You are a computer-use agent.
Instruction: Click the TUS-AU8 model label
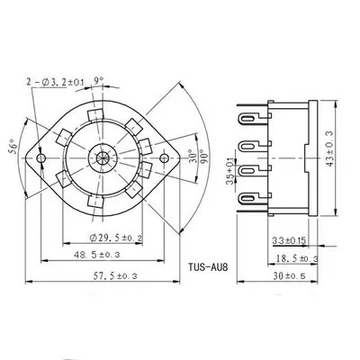(208, 266)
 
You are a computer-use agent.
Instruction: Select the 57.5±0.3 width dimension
(115, 276)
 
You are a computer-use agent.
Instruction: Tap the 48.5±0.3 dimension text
(96, 255)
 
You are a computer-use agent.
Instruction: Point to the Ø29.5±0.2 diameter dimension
(116, 238)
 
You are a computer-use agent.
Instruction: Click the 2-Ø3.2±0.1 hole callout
(56, 82)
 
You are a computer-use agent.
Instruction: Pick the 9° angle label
(99, 80)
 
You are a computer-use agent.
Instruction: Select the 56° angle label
(13, 146)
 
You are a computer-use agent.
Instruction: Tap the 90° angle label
(205, 156)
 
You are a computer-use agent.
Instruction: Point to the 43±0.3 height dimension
(329, 148)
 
